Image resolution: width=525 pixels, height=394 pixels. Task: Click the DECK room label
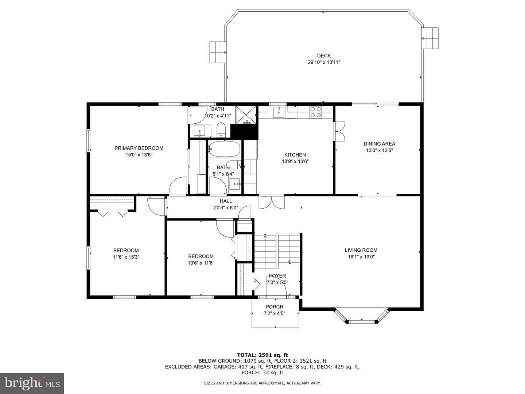tap(324, 56)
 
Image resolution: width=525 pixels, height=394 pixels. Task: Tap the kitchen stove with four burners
tap(315, 112)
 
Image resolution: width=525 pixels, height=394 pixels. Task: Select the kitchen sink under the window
tap(279, 113)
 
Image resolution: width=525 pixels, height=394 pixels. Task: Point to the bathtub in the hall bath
tap(225, 149)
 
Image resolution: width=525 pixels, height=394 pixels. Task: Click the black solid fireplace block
tap(244, 132)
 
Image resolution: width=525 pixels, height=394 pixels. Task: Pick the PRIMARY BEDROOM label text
tap(139, 148)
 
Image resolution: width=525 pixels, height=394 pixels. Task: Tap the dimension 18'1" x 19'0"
tap(361, 257)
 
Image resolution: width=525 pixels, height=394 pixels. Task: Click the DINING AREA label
tap(379, 144)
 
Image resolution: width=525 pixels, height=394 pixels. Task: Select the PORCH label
tap(274, 307)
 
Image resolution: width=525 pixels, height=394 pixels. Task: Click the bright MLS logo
tap(32, 383)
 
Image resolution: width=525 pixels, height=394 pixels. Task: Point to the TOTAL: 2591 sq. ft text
tap(262, 355)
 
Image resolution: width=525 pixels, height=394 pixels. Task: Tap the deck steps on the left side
tap(218, 52)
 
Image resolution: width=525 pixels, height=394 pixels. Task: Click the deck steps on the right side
tap(430, 38)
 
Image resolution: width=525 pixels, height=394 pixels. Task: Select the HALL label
tap(226, 201)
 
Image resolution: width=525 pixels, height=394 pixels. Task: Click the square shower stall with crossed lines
tap(246, 115)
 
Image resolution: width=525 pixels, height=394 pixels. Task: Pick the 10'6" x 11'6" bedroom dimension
tap(201, 263)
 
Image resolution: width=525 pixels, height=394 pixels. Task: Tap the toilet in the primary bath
tap(221, 130)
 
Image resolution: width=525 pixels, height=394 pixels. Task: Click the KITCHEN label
tap(295, 155)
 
